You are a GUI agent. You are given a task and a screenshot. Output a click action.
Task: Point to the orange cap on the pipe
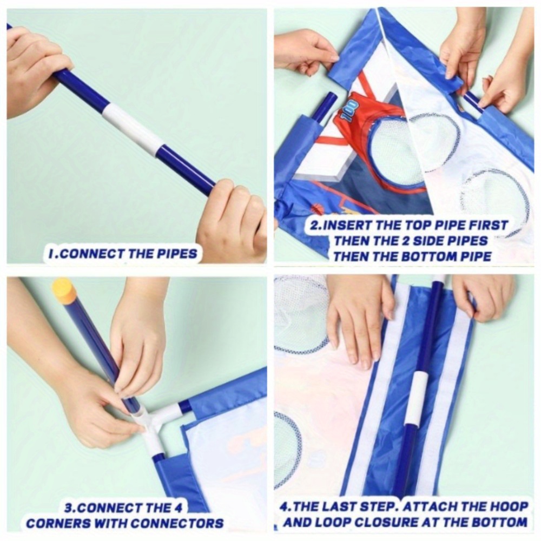pyautogui.click(x=63, y=289)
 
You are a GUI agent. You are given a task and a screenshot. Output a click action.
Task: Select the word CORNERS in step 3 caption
pyautogui.click(x=57, y=523)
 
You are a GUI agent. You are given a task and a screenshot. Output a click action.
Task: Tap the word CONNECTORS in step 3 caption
pyautogui.click(x=177, y=523)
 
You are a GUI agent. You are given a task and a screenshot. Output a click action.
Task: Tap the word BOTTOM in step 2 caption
pyautogui.click(x=428, y=256)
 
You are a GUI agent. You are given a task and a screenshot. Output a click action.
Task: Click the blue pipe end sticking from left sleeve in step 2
pyautogui.click(x=326, y=108)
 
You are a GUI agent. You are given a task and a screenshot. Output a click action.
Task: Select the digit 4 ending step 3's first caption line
pyautogui.click(x=177, y=508)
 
